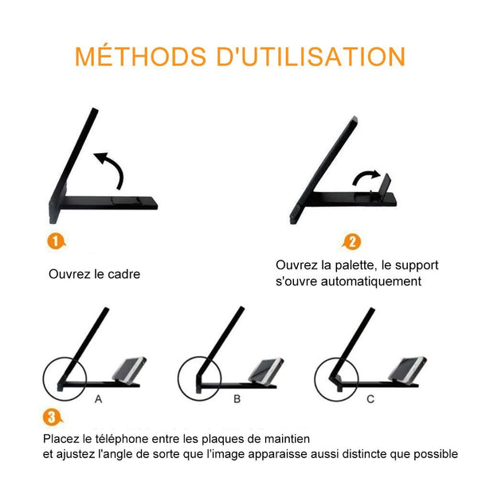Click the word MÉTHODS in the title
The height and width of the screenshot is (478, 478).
(140, 56)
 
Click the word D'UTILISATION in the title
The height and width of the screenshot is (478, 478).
(311, 57)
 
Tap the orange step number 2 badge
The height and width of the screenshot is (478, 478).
(351, 242)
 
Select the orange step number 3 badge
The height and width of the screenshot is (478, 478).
(52, 417)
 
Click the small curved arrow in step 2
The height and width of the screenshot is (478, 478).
(366, 177)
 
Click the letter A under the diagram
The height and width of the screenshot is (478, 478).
(98, 399)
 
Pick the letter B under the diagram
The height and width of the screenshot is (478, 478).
(237, 399)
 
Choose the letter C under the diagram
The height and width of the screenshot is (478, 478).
(370, 399)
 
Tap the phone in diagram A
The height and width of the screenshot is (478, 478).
(129, 369)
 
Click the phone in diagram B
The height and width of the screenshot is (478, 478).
(266, 370)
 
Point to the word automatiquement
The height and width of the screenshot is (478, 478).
(371, 281)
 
